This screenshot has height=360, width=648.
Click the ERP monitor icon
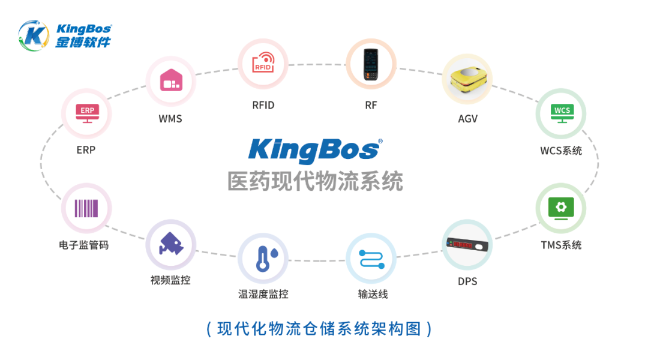point(87,113)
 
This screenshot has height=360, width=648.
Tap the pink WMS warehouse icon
point(170,80)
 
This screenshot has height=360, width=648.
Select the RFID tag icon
point(263,64)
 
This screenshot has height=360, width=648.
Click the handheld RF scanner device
point(371,64)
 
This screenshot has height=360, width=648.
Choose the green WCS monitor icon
point(561,113)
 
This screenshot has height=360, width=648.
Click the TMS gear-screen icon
point(561,208)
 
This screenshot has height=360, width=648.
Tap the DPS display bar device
point(467,245)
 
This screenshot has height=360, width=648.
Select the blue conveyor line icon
point(371,259)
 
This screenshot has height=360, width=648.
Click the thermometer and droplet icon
point(263,259)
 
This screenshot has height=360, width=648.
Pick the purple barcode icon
point(86,208)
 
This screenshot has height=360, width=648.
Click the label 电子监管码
point(84,245)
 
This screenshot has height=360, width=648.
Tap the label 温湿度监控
point(263,294)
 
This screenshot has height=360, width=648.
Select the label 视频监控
point(170,280)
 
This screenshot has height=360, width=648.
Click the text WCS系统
point(561,150)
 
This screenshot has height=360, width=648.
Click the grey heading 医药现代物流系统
point(315,181)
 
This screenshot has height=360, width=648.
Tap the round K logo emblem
point(34,36)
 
